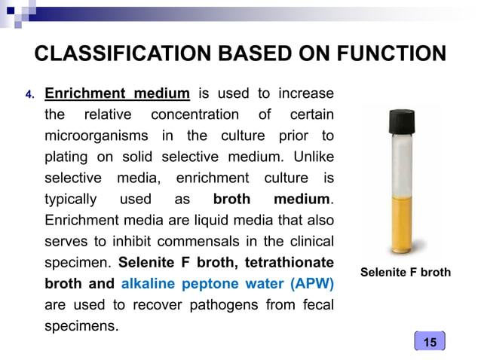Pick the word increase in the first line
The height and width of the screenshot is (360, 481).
[306, 94]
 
